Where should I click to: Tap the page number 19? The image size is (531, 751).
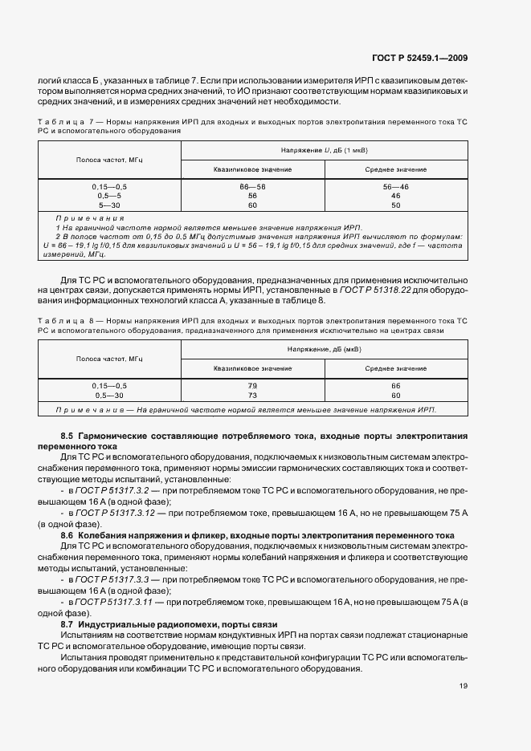pyautogui.click(x=464, y=686)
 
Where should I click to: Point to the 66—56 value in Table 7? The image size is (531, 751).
pyautogui.click(x=252, y=185)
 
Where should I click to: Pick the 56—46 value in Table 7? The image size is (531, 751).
pyautogui.click(x=395, y=185)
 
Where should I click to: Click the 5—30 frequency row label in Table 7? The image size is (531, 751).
pyautogui.click(x=109, y=205)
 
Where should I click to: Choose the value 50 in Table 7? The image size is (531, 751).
pyautogui.click(x=395, y=205)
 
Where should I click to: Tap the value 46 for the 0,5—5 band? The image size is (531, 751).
pyautogui.click(x=395, y=195)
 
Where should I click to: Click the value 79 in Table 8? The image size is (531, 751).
pyautogui.click(x=252, y=385)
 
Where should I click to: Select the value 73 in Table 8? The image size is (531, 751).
pyautogui.click(x=252, y=395)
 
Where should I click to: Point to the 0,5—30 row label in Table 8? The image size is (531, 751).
pyautogui.click(x=109, y=395)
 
